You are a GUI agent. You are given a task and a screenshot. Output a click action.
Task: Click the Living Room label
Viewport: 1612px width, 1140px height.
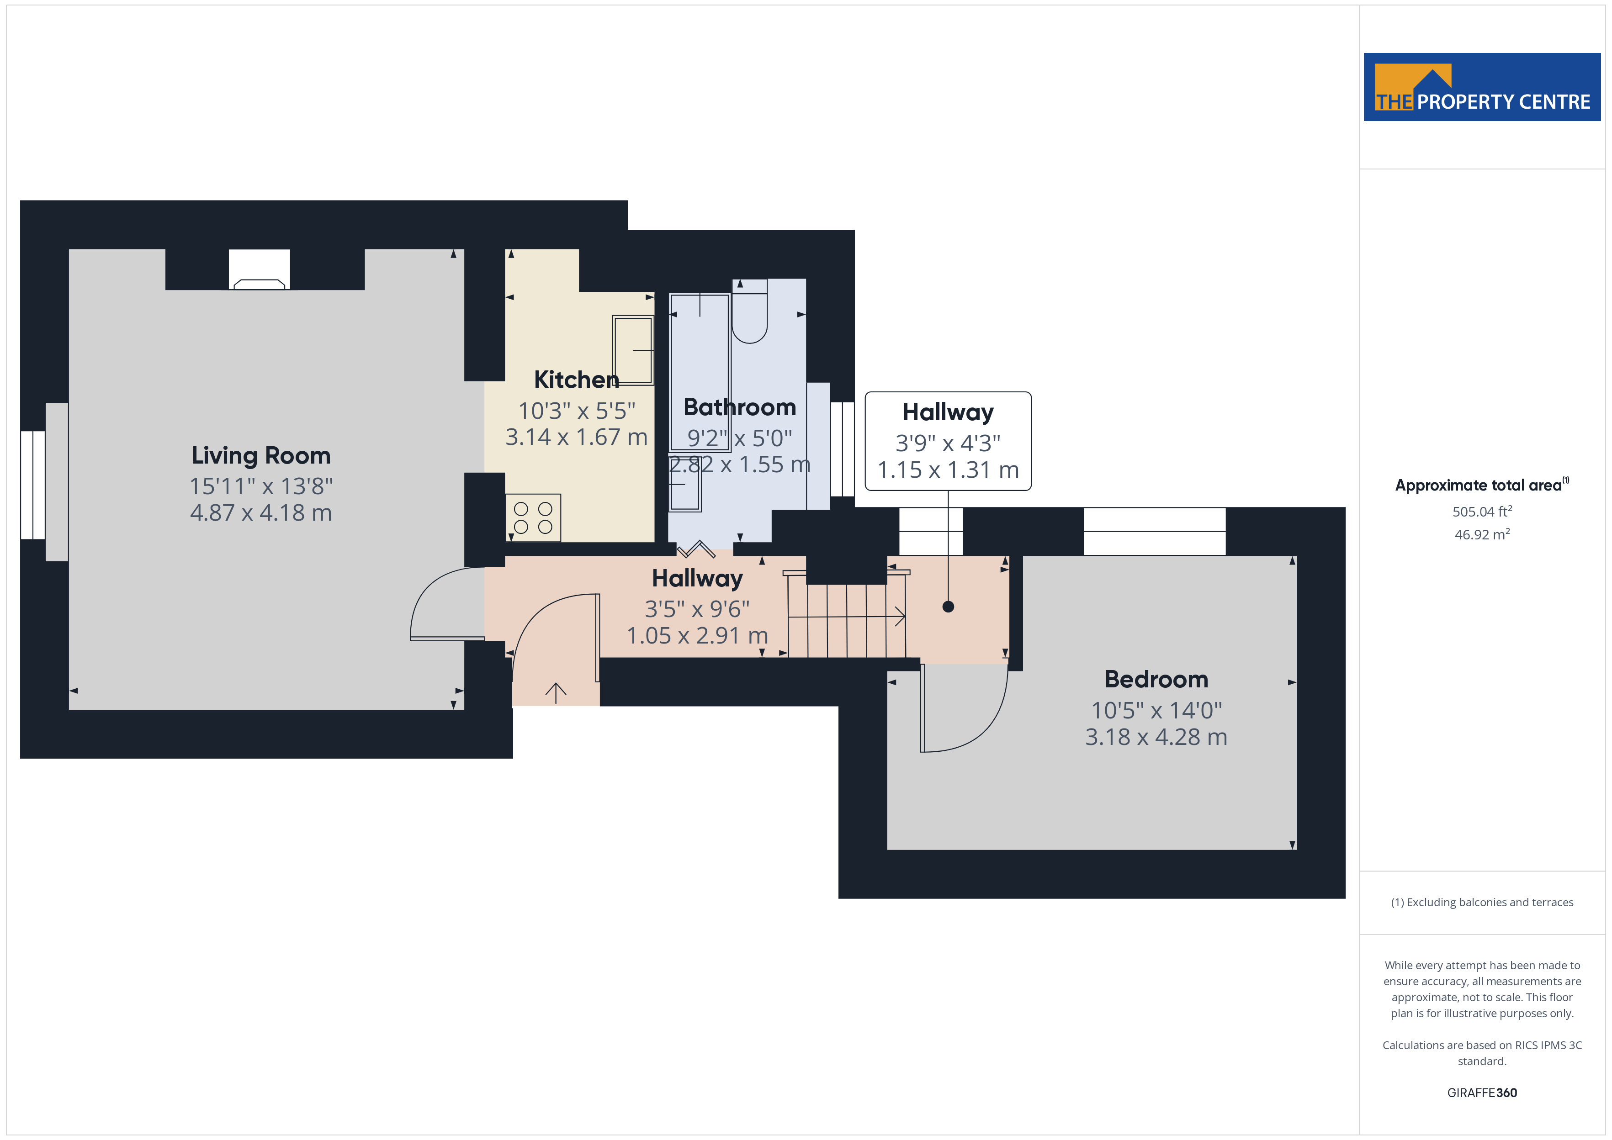click(x=261, y=455)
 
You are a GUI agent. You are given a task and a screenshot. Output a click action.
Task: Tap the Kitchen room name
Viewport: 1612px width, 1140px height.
click(x=577, y=380)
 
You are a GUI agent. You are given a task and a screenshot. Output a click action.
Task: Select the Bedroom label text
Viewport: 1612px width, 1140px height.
click(x=1156, y=680)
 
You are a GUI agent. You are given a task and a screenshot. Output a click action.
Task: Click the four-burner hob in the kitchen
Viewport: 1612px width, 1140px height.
click(x=533, y=518)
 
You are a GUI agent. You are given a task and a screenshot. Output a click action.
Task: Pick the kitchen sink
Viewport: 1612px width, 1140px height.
click(x=632, y=349)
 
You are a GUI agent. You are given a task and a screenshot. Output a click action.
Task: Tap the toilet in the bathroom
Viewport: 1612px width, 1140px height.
click(x=750, y=311)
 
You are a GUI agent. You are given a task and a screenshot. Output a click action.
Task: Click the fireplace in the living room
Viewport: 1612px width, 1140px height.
click(x=259, y=269)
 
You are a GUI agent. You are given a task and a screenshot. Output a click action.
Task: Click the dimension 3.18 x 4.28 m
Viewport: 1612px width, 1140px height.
click(x=1156, y=737)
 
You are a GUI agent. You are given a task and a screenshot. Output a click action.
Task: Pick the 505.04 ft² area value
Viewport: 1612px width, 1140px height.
click(x=1482, y=511)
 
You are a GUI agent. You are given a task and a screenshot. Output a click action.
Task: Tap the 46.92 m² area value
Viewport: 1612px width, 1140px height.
click(x=1482, y=534)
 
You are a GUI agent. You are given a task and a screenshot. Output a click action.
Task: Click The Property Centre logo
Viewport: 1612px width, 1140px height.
click(x=1482, y=87)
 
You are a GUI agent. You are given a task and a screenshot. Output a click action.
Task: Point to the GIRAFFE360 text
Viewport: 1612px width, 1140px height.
click(x=1482, y=1093)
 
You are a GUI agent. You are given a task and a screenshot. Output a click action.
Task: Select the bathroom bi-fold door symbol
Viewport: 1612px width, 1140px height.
click(x=696, y=549)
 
